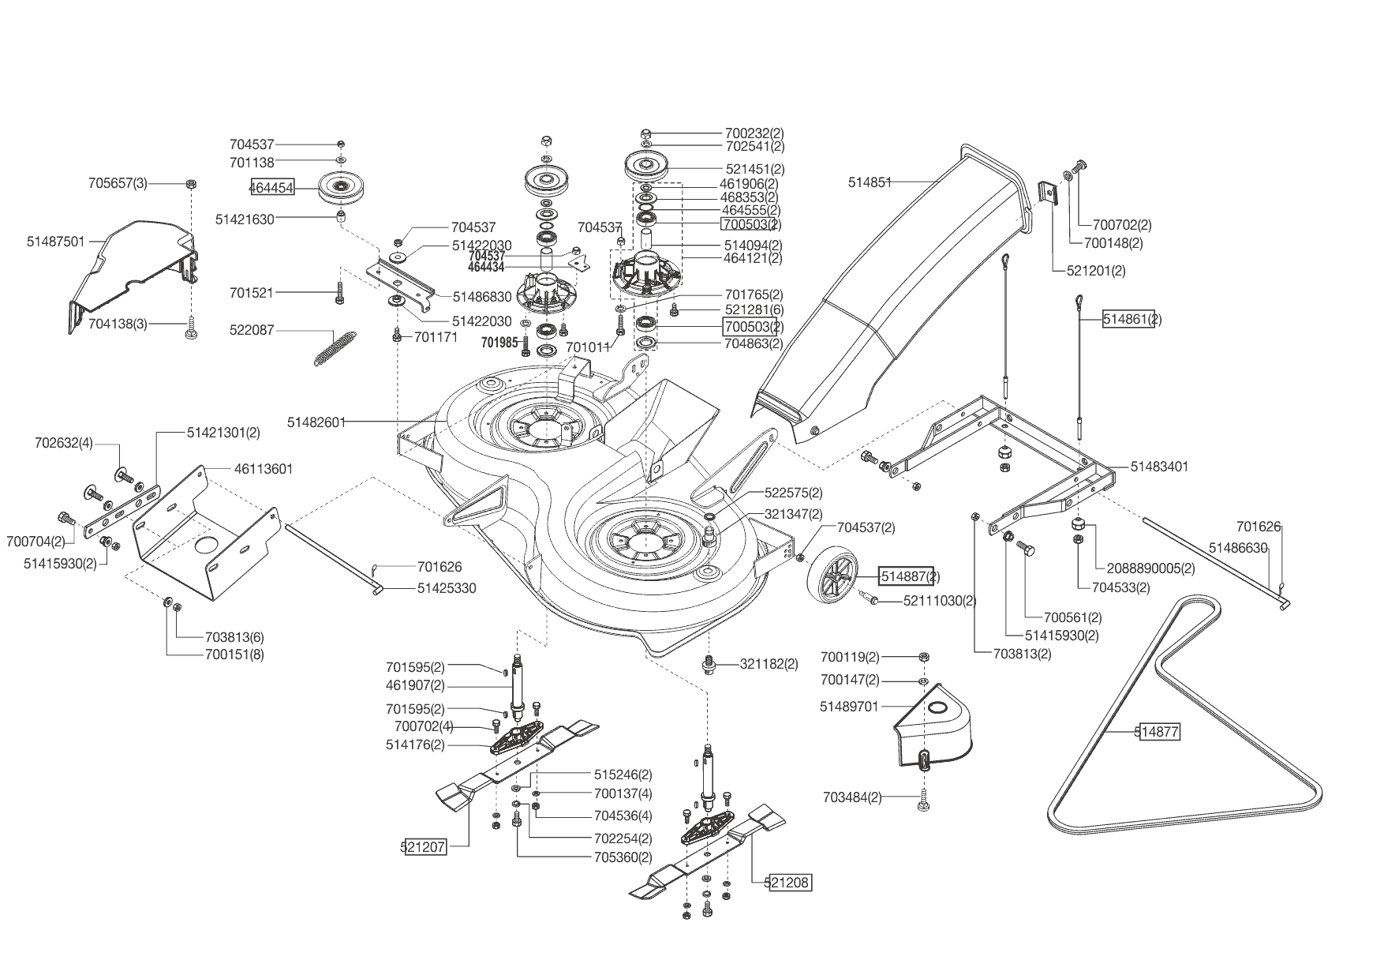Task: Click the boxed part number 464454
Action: click(x=272, y=188)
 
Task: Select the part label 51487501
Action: click(x=55, y=242)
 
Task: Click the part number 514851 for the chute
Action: click(x=870, y=182)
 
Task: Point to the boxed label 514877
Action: click(x=1158, y=732)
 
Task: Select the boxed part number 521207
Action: click(x=424, y=847)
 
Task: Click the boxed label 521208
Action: click(x=789, y=883)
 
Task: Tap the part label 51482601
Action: click(x=316, y=422)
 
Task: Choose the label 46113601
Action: click(x=264, y=469)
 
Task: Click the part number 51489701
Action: click(x=849, y=707)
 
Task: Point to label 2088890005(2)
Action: click(x=1150, y=568)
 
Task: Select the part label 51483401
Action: click(x=1159, y=467)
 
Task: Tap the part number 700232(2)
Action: click(x=754, y=133)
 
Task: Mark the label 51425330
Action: click(x=447, y=588)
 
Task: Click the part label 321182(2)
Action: click(x=769, y=664)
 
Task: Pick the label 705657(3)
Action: click(x=118, y=183)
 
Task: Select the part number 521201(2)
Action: click(x=1096, y=271)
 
